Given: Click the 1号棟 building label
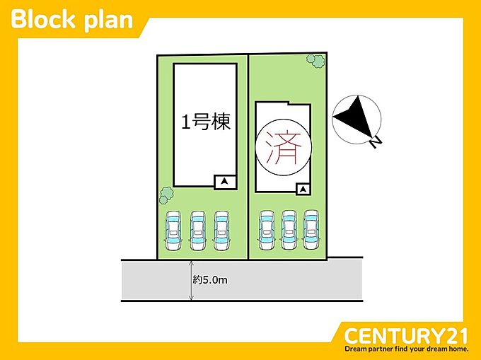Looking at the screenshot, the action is (206, 122).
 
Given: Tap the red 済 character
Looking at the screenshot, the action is (283, 147).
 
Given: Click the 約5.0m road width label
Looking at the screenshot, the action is (211, 280).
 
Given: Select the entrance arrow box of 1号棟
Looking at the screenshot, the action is (225, 182).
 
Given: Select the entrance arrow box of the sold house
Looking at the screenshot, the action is (303, 190).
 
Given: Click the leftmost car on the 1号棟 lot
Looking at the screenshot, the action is (173, 231).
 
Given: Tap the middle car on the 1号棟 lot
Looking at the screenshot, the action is (197, 231).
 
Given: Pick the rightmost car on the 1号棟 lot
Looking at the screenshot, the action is (221, 231).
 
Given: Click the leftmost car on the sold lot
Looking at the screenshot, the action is (267, 230).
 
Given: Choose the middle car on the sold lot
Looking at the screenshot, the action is (289, 230).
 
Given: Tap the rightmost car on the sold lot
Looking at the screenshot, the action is (311, 230).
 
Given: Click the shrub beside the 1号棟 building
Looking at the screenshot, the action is (166, 195).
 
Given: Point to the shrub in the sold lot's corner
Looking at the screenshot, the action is (315, 61).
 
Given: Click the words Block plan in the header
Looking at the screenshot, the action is (72, 20).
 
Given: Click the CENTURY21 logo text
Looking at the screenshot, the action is (406, 336).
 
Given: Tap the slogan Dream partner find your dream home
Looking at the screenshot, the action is (407, 349).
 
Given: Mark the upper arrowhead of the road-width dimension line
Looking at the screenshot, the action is (191, 263).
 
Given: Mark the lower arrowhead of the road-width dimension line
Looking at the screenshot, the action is (191, 298).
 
